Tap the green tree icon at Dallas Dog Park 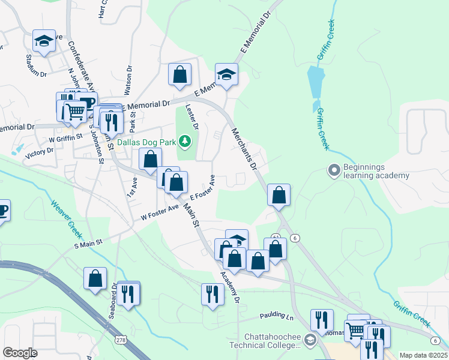tap(185, 142)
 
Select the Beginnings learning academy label tap(376, 172)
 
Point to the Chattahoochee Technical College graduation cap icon tap(310, 341)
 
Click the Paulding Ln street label tap(278, 316)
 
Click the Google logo tap(20, 353)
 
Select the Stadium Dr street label tap(36, 67)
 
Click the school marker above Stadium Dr tap(44, 41)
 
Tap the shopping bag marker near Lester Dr tap(179, 75)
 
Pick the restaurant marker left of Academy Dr tap(211, 294)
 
